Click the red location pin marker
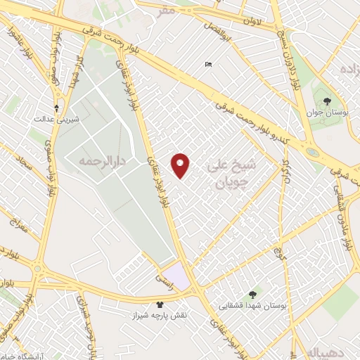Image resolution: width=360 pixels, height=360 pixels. coord(181,165)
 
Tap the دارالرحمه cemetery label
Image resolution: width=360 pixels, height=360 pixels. coord(91,161)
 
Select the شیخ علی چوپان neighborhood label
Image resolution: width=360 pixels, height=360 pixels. coord(231,172)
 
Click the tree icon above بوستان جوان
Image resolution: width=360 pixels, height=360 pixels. coord(328,101)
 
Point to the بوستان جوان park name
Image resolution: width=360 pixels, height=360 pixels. coord(328,113)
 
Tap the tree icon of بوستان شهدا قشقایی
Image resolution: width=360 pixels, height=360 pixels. coord(252,294)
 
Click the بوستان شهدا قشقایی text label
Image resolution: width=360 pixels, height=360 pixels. coord(251,305)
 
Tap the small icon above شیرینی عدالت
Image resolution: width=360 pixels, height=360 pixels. coord(57,108)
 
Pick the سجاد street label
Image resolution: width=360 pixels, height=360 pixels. coord(26,167)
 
